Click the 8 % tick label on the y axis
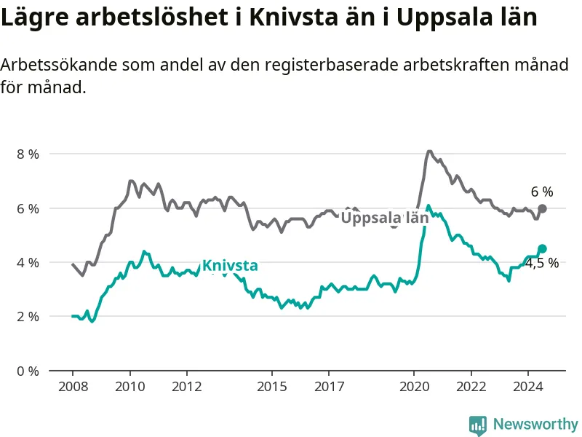[x=28, y=154]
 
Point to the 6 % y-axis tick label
[x=28, y=209]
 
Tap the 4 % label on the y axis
[x=28, y=263]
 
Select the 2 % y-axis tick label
[x=28, y=317]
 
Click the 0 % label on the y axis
[x=28, y=371]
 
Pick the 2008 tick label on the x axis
[x=73, y=387]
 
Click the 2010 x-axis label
[x=130, y=387]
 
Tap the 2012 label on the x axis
[x=187, y=387]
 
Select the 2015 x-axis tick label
[x=272, y=387]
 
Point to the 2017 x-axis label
[x=330, y=387]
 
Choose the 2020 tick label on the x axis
[x=414, y=387]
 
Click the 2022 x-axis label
[x=471, y=387]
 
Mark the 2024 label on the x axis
[x=528, y=387]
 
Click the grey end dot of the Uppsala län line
[x=542, y=208]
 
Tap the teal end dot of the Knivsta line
[x=542, y=248]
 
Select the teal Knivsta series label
[x=230, y=266]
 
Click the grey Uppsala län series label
[x=385, y=218]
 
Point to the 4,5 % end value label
[x=542, y=263]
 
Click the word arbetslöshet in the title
[x=152, y=17]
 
